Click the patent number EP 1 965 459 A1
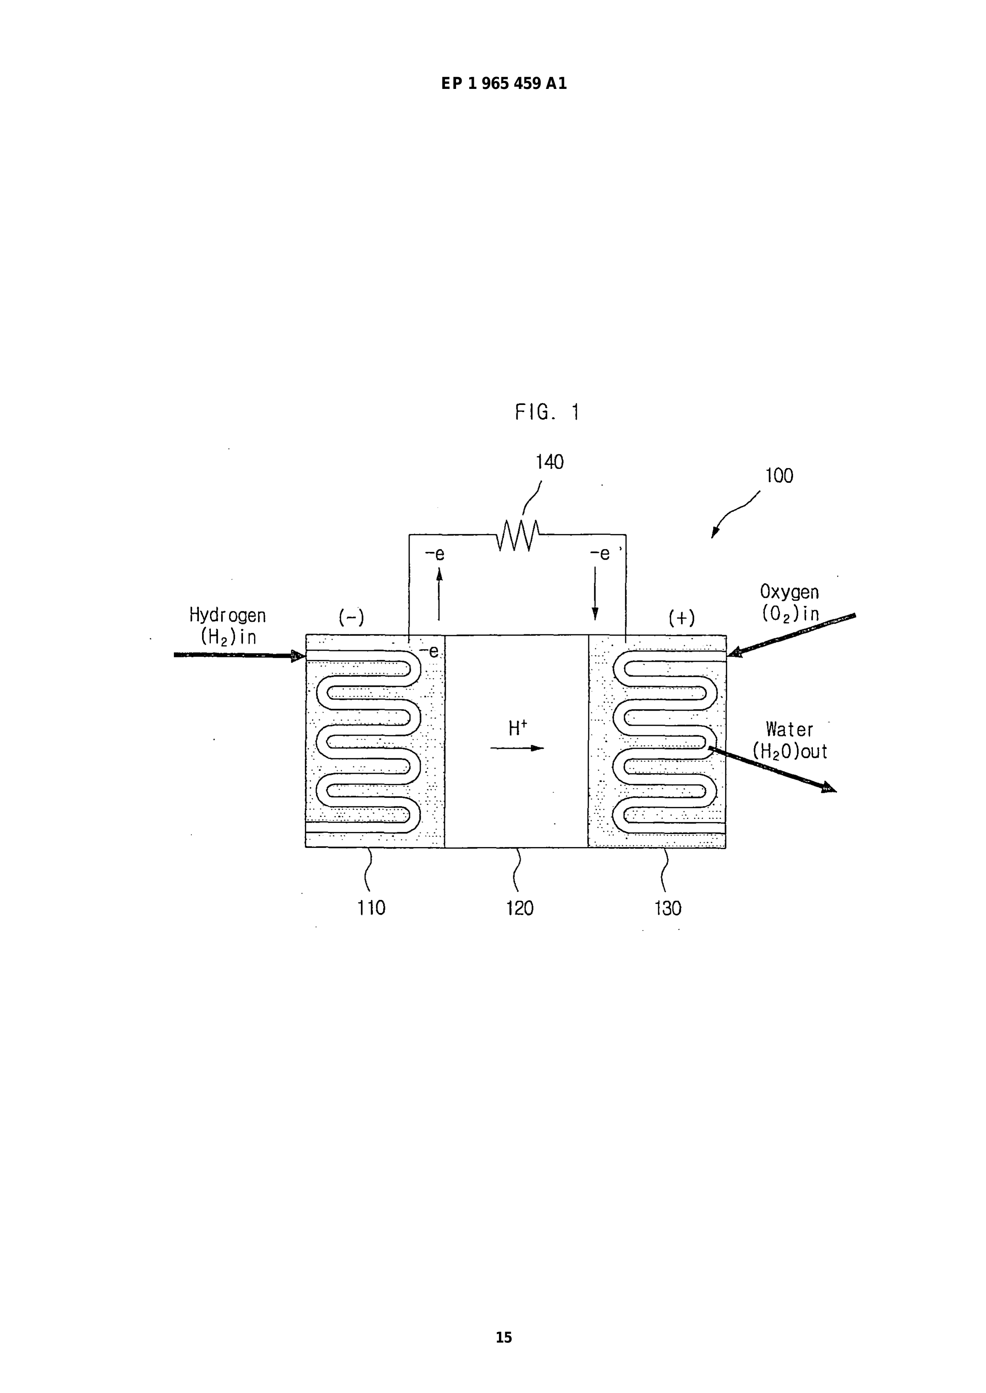504,84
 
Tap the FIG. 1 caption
547,412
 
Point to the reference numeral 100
779,476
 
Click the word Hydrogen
228,616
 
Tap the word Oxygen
789,592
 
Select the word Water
789,729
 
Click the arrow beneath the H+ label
517,748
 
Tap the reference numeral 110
371,908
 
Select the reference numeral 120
520,908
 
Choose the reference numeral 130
668,908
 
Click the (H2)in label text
228,638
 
